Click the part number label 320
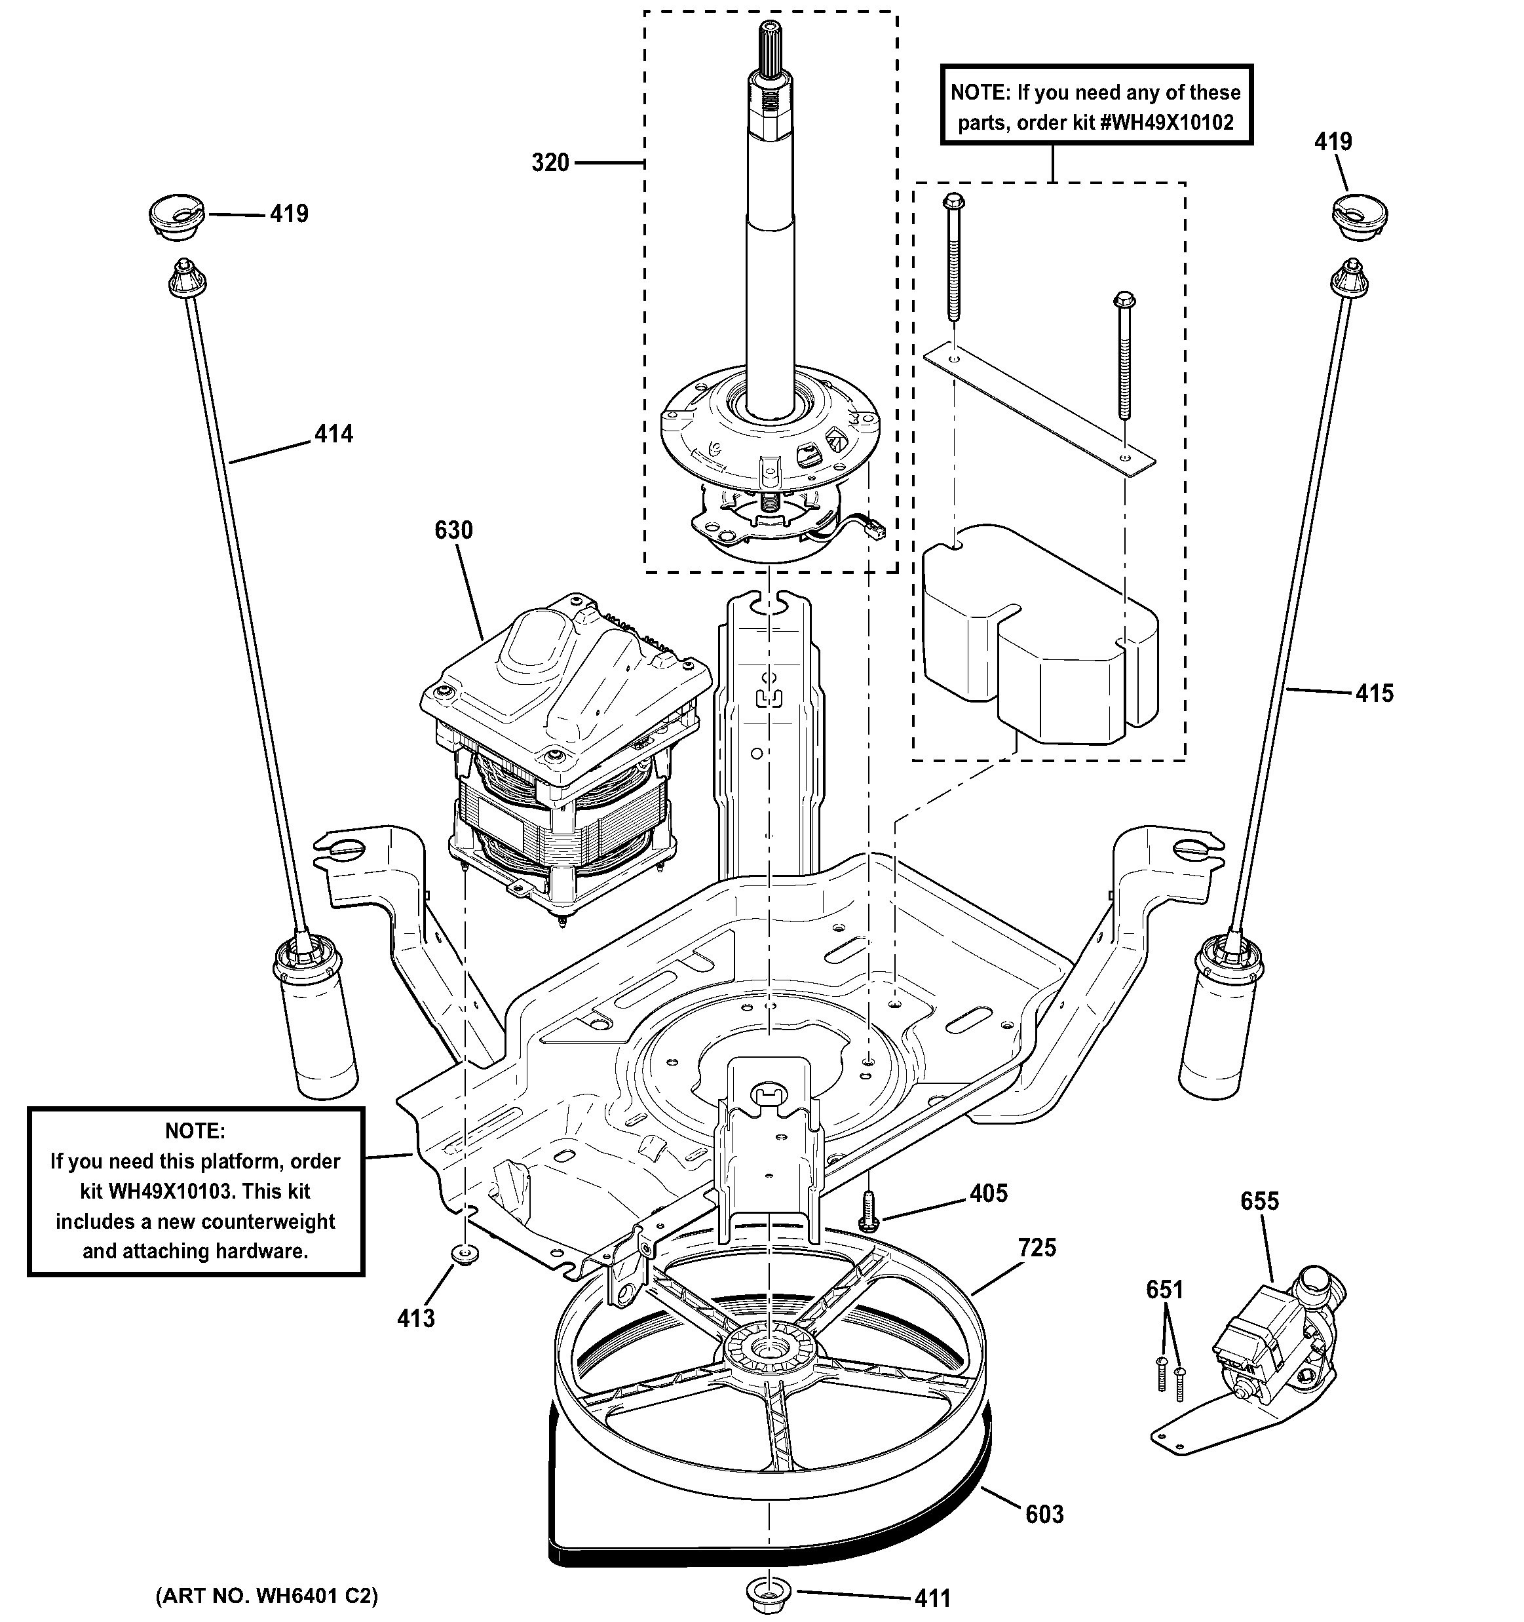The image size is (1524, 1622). click(550, 163)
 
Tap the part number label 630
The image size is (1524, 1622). click(453, 530)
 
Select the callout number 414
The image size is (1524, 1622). click(333, 434)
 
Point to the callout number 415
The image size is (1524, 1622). click(1375, 693)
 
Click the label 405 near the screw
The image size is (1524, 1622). click(989, 1193)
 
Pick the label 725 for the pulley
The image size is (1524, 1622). click(1037, 1248)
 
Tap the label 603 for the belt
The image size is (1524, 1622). click(1044, 1515)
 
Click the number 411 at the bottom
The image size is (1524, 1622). click(932, 1598)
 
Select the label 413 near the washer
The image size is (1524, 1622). click(416, 1319)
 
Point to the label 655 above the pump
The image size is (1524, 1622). click(1260, 1201)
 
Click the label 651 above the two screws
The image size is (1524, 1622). click(1164, 1290)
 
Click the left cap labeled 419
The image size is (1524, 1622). click(176, 217)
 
